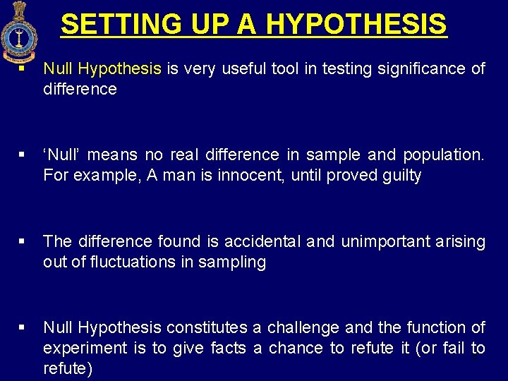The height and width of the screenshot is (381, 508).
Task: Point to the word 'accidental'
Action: click(262, 241)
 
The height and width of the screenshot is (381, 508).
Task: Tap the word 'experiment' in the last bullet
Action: click(78, 349)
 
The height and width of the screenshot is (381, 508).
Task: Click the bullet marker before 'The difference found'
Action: click(23, 241)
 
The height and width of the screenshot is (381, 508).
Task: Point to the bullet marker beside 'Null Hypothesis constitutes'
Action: click(23, 327)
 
